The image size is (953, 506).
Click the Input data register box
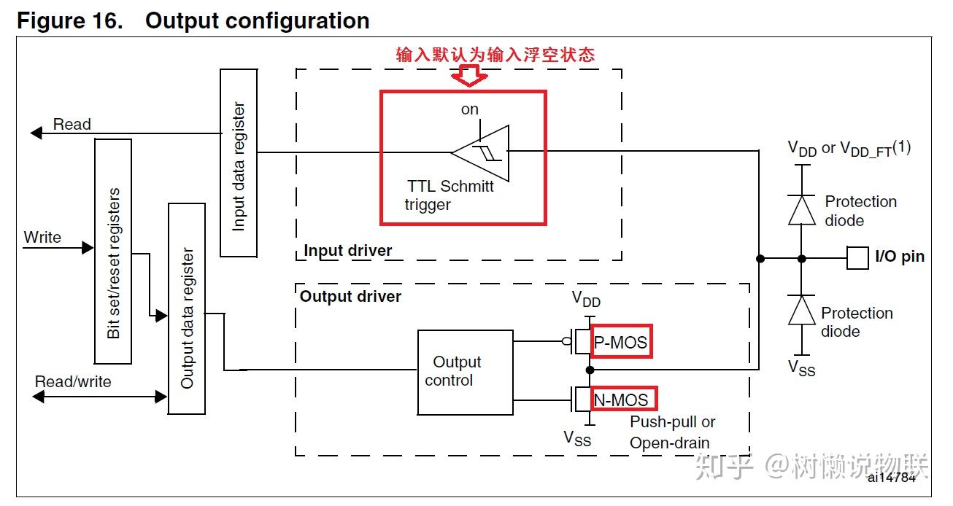click(x=238, y=163)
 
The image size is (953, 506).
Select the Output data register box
click(x=187, y=308)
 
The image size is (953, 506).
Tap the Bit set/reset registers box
click(x=113, y=252)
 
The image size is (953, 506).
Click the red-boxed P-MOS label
click(x=620, y=342)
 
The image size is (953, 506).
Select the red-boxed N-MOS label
click(x=622, y=399)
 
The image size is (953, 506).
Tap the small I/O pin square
click(x=857, y=257)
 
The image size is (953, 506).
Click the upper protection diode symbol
click(x=802, y=210)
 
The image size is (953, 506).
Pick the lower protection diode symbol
click(x=802, y=310)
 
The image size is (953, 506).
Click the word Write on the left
click(x=42, y=238)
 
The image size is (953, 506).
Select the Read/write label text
click(x=73, y=382)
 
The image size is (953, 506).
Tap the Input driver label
click(x=347, y=251)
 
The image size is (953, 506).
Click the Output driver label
click(x=350, y=297)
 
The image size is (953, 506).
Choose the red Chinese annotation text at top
click(x=495, y=55)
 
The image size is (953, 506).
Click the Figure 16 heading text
click(x=193, y=20)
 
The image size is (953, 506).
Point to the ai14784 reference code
click(x=891, y=478)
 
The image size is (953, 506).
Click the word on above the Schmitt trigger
click(x=470, y=109)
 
